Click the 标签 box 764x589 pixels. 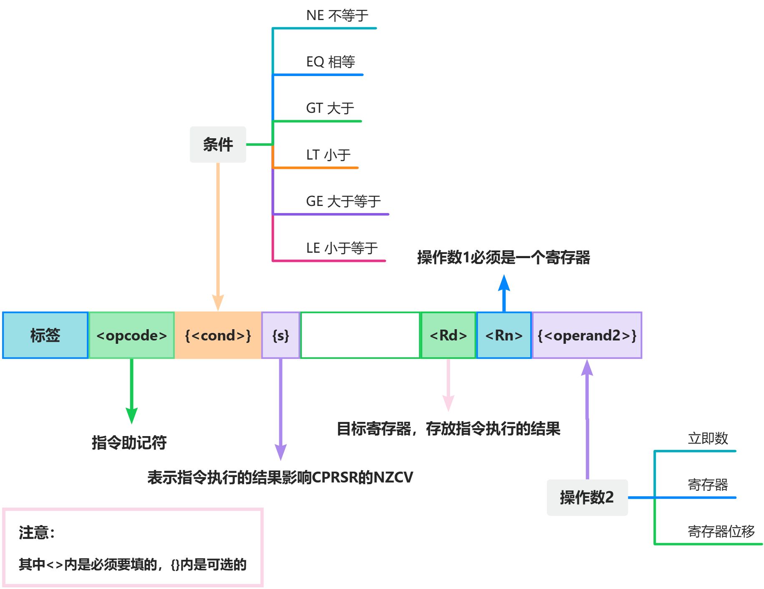pyautogui.click(x=45, y=335)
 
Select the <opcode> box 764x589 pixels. pyautogui.click(x=132, y=335)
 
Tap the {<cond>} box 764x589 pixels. pyautogui.click(x=218, y=335)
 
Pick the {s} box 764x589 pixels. pyautogui.click(x=281, y=335)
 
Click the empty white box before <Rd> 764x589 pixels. pyautogui.click(x=360, y=335)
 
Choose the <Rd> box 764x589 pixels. pyautogui.click(x=448, y=335)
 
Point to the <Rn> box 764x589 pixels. pyautogui.click(x=504, y=335)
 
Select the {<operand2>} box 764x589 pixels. pyautogui.click(x=587, y=335)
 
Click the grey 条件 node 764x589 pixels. pyautogui.click(x=218, y=145)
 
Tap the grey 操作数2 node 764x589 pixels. pyautogui.click(x=587, y=498)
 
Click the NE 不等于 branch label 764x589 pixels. pyautogui.click(x=337, y=16)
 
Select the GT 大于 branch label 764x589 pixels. pyautogui.click(x=330, y=109)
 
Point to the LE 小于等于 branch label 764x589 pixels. pyautogui.click(x=342, y=248)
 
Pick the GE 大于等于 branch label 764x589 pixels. pyautogui.click(x=343, y=201)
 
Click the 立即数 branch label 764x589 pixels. pyautogui.click(x=708, y=439)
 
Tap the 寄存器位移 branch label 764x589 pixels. pyautogui.click(x=721, y=531)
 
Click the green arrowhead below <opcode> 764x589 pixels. pyautogui.click(x=132, y=415)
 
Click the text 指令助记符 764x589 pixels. pyautogui.click(x=129, y=443)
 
